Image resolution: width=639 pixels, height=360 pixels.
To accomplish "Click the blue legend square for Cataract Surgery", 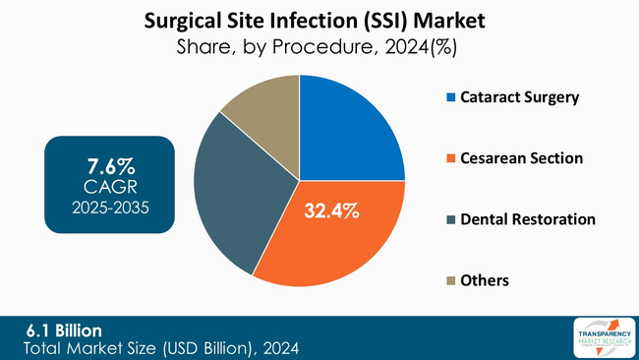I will [x=451, y=97].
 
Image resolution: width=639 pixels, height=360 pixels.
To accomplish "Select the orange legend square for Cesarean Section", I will [x=451, y=158].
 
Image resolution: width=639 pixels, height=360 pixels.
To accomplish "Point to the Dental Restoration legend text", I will [x=529, y=218].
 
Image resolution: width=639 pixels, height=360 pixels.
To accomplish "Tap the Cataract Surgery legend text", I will [x=522, y=97].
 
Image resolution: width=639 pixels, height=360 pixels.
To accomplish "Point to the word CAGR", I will [x=109, y=185].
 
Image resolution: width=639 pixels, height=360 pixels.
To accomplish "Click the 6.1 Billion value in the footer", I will [x=64, y=330].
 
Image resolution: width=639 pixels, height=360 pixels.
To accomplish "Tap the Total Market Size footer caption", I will [x=162, y=347].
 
